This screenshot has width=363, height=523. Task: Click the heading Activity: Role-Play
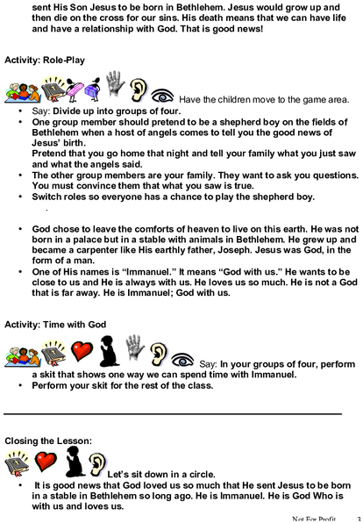(45, 61)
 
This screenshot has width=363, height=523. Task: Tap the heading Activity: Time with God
(55, 325)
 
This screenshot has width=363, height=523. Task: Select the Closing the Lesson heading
(48, 441)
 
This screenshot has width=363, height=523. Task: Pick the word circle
(203, 475)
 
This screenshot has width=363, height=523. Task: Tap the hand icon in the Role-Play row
(115, 83)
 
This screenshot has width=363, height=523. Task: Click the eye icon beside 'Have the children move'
(162, 96)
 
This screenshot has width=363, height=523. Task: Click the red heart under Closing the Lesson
(46, 462)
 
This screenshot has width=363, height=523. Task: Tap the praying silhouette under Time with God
(110, 351)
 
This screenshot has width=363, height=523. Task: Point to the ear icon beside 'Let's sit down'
(97, 464)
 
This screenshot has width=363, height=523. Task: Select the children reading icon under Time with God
(23, 356)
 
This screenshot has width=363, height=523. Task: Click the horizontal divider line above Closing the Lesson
(173, 414)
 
